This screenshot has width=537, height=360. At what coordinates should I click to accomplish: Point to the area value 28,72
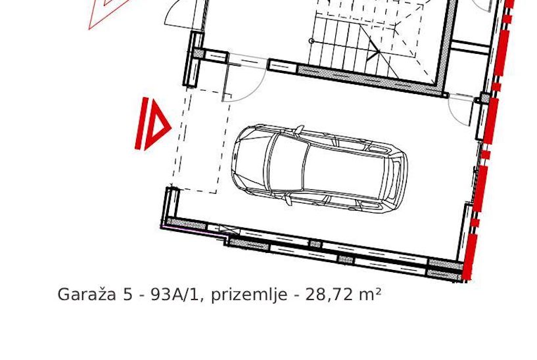tap(327, 295)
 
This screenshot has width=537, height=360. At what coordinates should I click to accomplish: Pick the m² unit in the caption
tap(370, 294)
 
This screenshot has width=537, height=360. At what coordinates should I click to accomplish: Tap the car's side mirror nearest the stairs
tap(300, 129)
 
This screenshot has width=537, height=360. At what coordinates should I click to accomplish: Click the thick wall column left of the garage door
tap(195, 59)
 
